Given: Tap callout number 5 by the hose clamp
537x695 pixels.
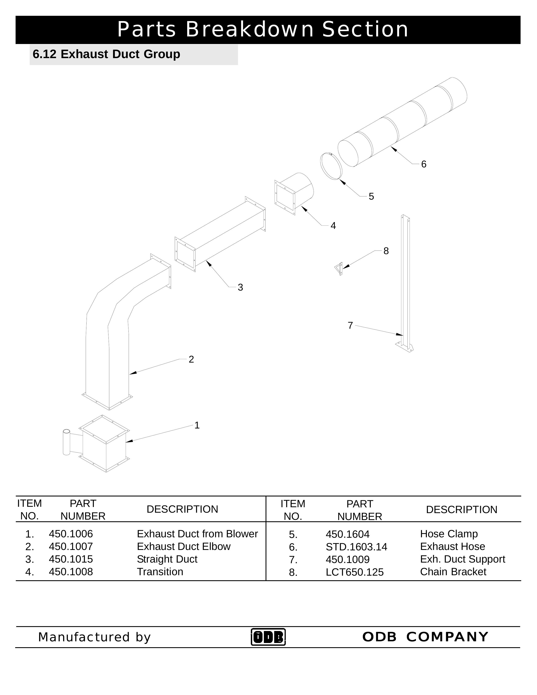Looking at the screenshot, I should pos(371,196).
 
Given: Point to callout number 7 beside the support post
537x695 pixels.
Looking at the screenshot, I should pos(350,325).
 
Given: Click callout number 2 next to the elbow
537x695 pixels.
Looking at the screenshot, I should pos(191,359).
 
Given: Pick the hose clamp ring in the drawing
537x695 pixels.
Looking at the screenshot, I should pos(331,166).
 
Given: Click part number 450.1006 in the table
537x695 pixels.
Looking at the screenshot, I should pos(71,534).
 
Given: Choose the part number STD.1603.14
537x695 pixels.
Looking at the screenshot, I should pos(356,547).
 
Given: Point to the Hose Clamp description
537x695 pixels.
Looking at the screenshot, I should pos(449,534).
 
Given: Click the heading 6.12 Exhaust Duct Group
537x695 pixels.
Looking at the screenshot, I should pos(106,54).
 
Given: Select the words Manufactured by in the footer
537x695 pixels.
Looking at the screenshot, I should pos(94,637).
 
